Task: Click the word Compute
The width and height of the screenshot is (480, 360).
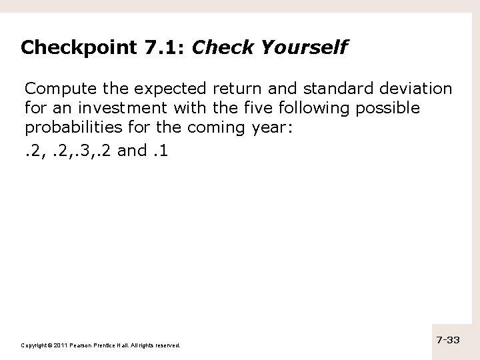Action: click(56, 89)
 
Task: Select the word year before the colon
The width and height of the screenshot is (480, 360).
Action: click(270, 127)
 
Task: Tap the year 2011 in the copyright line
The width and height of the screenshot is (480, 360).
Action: click(55, 345)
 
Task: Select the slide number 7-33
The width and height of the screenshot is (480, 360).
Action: click(448, 340)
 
